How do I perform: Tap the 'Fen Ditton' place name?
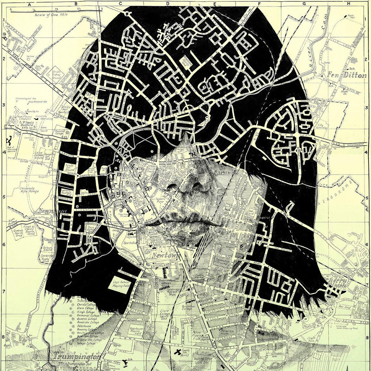(347, 75)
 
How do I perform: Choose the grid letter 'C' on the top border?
(120, 3)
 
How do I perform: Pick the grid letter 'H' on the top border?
(348, 3)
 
